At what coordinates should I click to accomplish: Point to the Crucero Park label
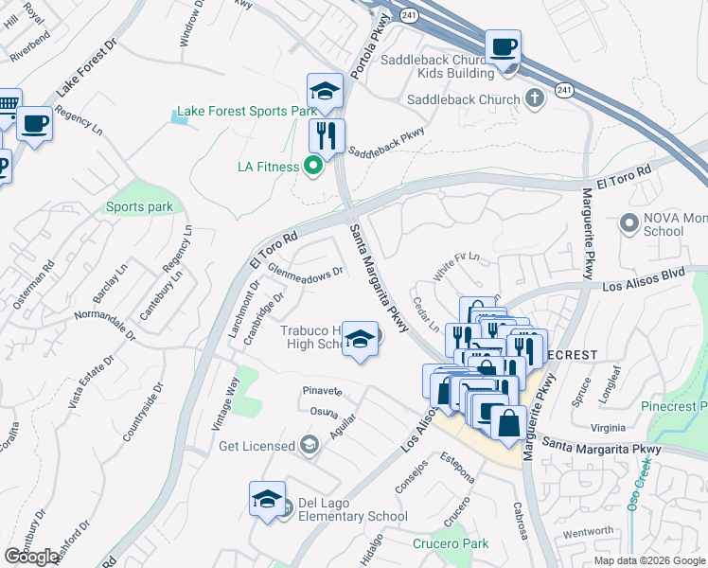pyautogui.click(x=451, y=543)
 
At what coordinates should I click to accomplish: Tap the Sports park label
pyautogui.click(x=139, y=207)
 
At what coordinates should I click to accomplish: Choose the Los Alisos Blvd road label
pyautogui.click(x=643, y=283)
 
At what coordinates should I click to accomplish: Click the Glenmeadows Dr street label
pyautogui.click(x=304, y=273)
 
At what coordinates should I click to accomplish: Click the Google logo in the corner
pyautogui.click(x=32, y=557)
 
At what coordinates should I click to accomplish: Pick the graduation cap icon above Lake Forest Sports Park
pyautogui.click(x=325, y=91)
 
